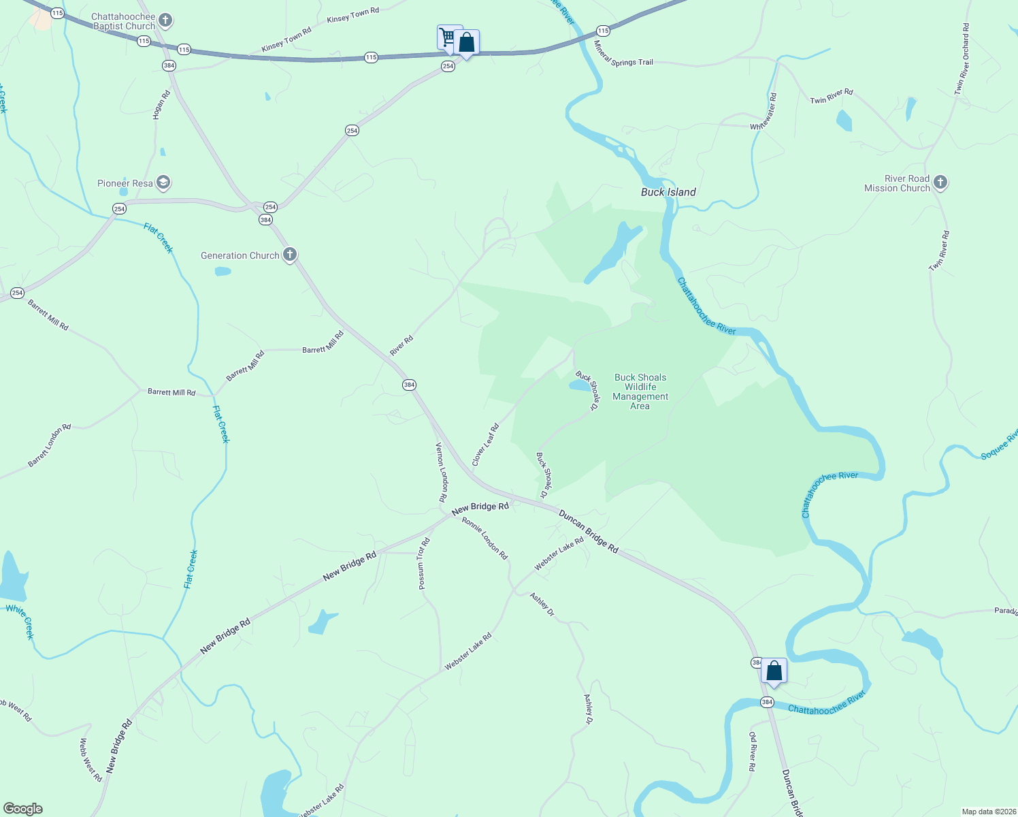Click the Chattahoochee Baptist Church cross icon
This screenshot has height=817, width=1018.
165,21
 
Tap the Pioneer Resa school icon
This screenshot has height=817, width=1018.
163,182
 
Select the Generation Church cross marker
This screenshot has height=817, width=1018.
290,255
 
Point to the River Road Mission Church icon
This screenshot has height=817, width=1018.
940,182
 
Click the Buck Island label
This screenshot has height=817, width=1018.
668,192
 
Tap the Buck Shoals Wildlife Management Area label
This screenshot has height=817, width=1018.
640,391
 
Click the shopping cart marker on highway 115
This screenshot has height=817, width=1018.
448,37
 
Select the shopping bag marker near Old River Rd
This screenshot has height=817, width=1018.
774,671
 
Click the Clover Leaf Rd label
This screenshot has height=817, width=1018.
486,445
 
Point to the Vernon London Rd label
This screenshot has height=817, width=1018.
442,472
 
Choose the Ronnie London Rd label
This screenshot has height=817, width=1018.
485,538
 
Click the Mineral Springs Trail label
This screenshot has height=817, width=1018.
623,55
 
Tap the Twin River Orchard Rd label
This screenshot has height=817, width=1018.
962,59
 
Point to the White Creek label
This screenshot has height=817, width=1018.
20,620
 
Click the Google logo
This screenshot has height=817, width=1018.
23,808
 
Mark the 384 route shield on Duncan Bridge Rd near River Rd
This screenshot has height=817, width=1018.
408,385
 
